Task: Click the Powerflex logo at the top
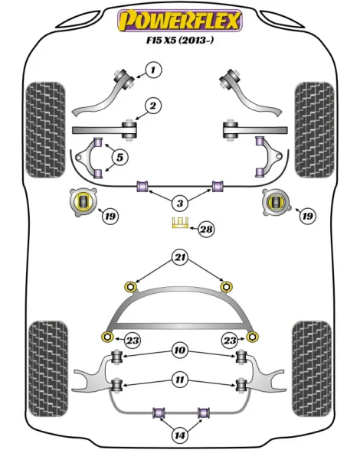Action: coord(180,20)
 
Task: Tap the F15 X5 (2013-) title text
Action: coord(180,41)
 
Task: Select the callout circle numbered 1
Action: coord(153,70)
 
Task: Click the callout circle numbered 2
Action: coord(153,106)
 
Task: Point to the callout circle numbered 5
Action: coord(119,158)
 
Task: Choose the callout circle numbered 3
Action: coord(180,204)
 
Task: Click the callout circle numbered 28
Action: coord(207,229)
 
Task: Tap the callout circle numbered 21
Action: coord(180,257)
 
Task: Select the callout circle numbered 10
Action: coord(180,351)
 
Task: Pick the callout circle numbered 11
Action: coord(180,380)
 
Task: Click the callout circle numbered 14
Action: coord(180,435)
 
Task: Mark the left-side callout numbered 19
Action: coord(110,216)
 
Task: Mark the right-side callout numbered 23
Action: coord(230,341)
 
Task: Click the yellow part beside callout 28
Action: coord(180,223)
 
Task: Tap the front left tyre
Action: coord(45,130)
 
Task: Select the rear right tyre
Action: coord(312,369)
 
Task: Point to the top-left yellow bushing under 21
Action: coord(130,287)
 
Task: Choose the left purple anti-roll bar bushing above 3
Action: coord(142,186)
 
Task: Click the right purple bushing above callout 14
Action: coord(204,412)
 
